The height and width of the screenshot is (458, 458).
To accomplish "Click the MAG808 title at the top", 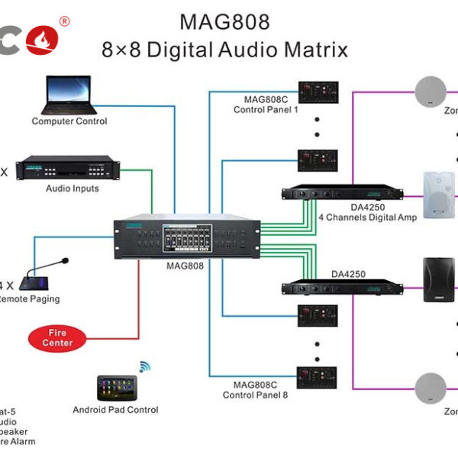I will (x=224, y=21).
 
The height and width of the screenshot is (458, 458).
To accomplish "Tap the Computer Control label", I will (x=69, y=121).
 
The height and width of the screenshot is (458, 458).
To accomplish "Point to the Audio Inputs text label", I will (x=73, y=189).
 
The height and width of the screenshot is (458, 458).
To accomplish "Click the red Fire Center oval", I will (x=61, y=338).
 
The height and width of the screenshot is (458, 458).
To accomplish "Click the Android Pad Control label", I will (x=115, y=410).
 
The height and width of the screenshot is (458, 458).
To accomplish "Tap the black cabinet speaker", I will (x=439, y=279).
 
